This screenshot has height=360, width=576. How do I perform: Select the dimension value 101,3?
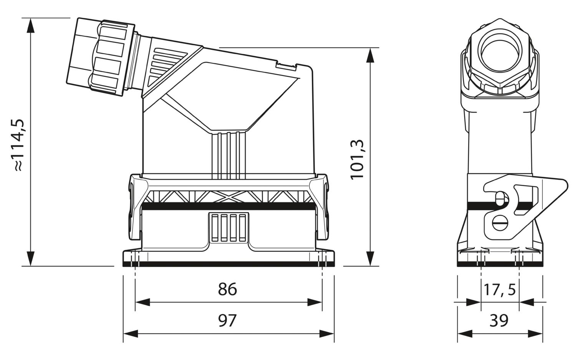[x=357, y=159]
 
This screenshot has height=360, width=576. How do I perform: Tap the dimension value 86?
[x=227, y=289]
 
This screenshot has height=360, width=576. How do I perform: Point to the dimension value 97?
[x=227, y=321]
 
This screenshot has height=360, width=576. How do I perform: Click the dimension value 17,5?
[x=500, y=289]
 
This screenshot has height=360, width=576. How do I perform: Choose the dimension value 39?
[x=499, y=321]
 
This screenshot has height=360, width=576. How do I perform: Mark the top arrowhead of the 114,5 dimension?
[x=31, y=25]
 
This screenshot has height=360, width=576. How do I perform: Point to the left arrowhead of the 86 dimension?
[x=143, y=302]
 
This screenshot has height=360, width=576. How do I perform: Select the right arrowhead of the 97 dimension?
[x=326, y=334]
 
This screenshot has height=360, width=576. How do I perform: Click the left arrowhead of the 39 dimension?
[x=465, y=334]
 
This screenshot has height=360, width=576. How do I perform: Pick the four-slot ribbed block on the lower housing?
[x=228, y=227]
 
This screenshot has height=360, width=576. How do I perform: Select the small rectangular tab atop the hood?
[x=286, y=65]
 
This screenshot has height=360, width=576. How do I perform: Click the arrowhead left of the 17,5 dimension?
[x=473, y=302]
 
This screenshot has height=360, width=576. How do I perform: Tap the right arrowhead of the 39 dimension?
[x=535, y=334]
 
